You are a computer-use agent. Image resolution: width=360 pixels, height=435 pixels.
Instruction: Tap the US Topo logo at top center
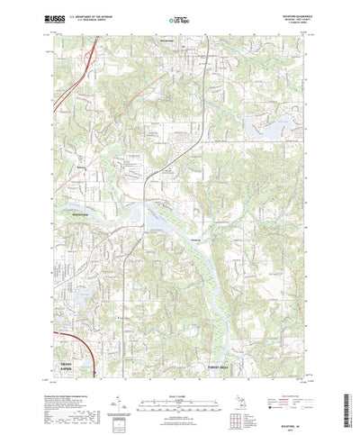(x=179, y=18)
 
